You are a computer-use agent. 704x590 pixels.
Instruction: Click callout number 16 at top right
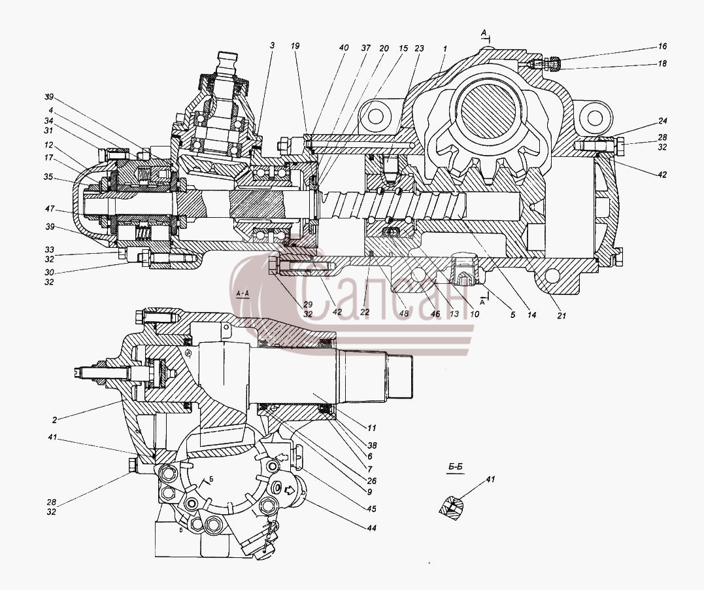tap(663, 46)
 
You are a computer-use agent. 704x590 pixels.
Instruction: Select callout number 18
tap(663, 64)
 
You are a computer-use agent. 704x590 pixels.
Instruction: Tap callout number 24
tap(663, 121)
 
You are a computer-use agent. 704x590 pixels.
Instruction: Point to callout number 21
tap(562, 316)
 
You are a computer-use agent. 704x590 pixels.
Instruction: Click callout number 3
tap(272, 45)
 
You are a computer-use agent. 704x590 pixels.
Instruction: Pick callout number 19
tap(295, 46)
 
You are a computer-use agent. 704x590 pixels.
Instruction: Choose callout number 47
tap(49, 209)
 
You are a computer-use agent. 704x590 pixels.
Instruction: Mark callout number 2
tap(54, 420)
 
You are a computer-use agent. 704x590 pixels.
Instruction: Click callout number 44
tap(371, 529)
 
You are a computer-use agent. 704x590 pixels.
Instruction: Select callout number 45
tap(371, 509)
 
